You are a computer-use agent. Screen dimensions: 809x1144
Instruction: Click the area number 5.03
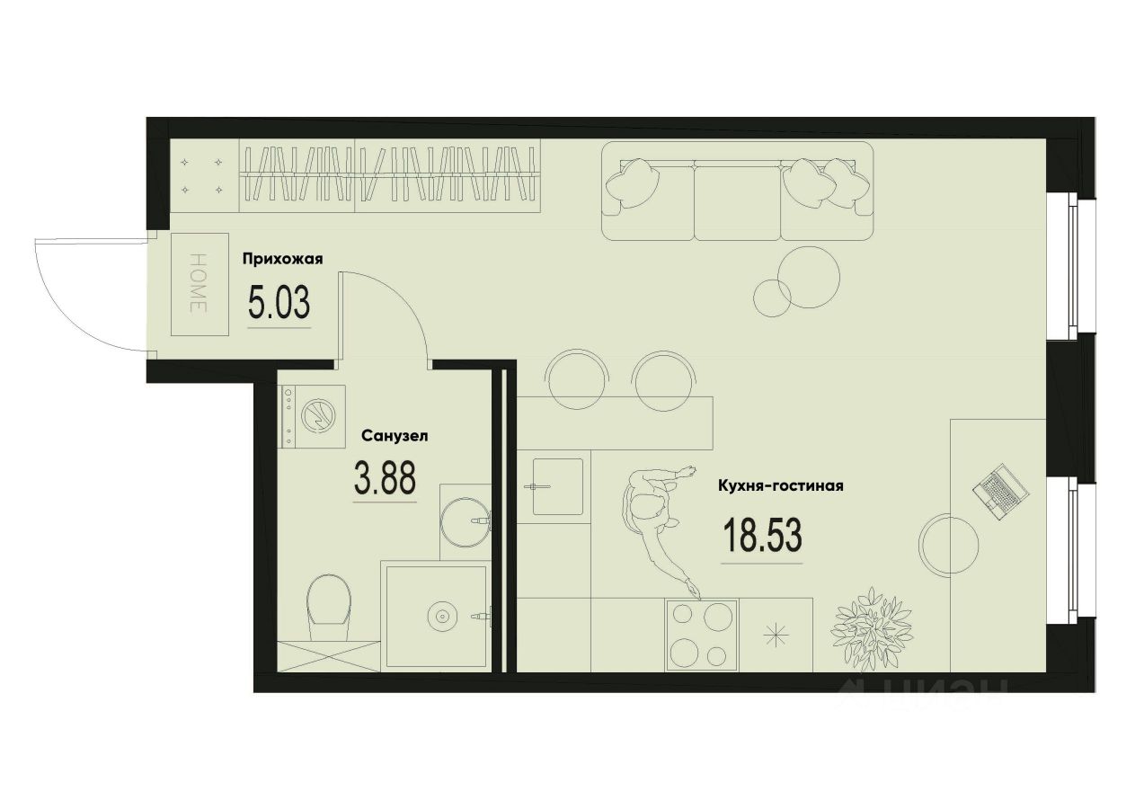279,304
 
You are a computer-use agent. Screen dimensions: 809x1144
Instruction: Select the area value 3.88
385,478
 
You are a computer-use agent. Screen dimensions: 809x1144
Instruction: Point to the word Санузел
395,436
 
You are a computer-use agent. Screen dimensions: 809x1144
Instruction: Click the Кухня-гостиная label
780,486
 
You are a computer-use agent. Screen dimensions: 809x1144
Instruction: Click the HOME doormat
199,284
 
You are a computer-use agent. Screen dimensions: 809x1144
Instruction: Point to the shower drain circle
441,617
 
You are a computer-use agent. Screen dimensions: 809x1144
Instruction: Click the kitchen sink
557,486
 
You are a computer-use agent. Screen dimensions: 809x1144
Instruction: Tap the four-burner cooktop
701,634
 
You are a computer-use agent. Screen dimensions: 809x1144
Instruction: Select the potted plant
869,627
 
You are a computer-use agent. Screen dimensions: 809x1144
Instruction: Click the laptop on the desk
1000,491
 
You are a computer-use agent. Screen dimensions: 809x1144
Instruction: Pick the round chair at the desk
949,546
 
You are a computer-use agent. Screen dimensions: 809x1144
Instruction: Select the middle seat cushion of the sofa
737,202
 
